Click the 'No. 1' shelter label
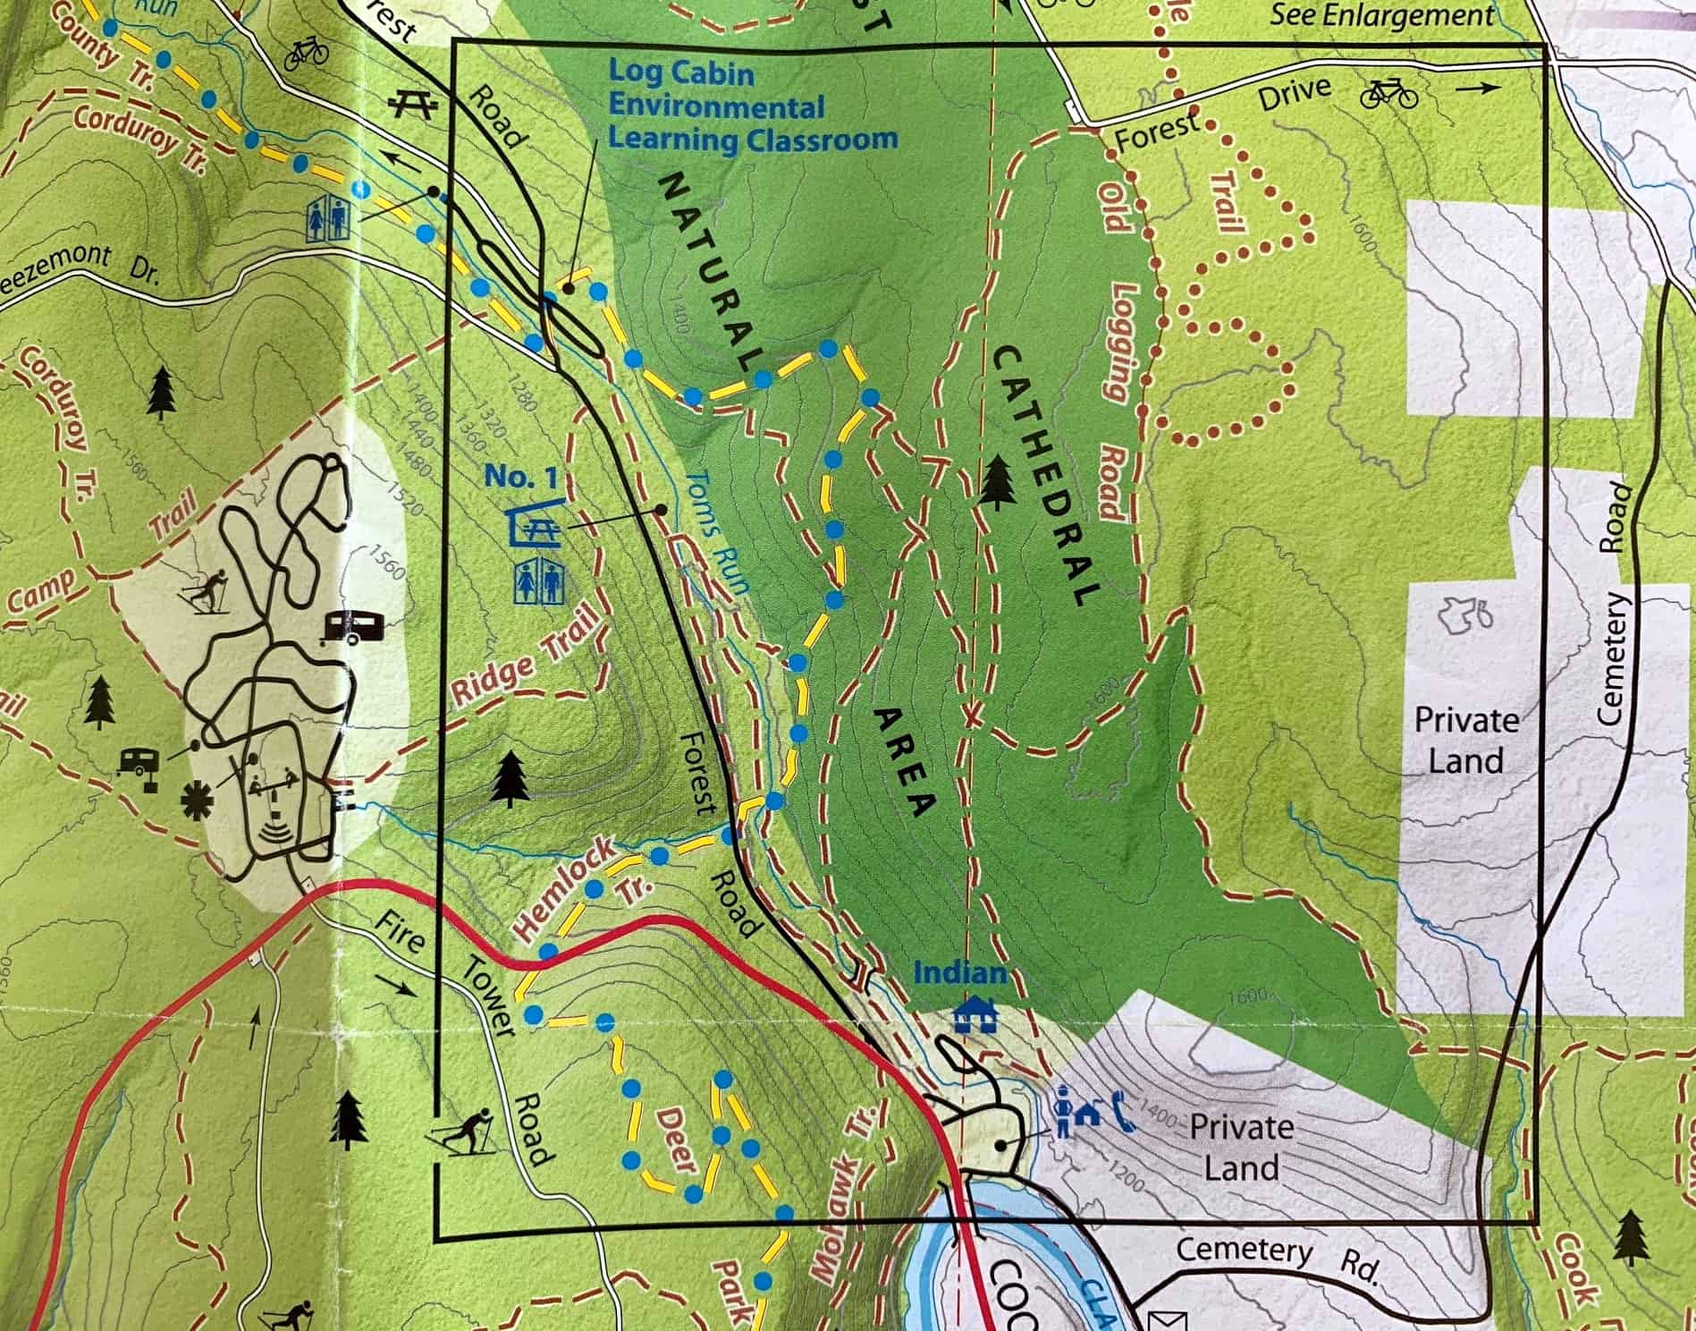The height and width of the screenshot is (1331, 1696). [x=520, y=478]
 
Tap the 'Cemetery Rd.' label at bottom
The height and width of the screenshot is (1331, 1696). [x=1279, y=1259]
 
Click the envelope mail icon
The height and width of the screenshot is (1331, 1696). [x=1169, y=1318]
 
